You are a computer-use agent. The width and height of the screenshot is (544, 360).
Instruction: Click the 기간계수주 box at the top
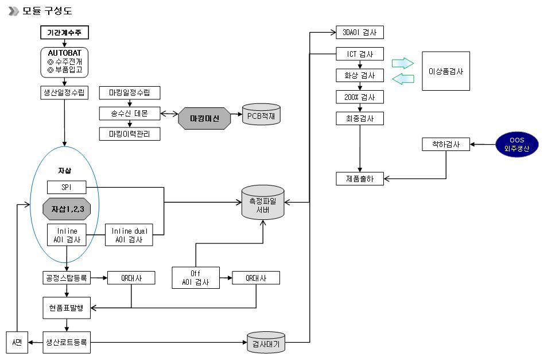(65, 33)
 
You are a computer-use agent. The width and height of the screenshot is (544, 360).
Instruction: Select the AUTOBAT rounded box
(65, 61)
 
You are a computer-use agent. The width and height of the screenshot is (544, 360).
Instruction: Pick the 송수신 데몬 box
(129, 113)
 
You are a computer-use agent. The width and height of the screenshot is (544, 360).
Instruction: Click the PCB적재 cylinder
(262, 116)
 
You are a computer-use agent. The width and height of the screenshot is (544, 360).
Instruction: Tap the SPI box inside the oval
(66, 187)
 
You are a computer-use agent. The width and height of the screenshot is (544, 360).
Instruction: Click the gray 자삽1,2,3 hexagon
(67, 209)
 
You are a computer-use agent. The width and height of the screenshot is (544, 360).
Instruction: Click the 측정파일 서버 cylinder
(263, 203)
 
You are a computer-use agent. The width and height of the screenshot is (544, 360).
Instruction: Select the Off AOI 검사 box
(196, 277)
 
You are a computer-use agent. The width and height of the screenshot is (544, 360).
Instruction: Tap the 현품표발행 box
(67, 307)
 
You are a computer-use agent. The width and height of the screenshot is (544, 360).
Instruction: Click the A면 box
(17, 343)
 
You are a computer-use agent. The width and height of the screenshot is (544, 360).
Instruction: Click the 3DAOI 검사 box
(359, 32)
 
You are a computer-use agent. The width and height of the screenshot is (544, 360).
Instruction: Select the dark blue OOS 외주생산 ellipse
(517, 144)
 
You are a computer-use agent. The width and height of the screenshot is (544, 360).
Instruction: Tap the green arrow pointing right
(402, 63)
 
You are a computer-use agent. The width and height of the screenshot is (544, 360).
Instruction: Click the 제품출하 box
(360, 179)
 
